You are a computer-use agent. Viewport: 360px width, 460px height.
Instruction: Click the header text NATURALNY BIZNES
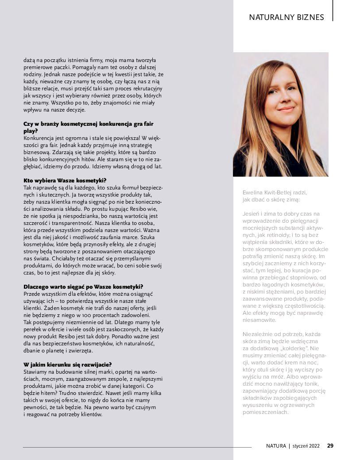click(x=286, y=18)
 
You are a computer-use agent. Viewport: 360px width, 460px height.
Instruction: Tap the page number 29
click(x=330, y=446)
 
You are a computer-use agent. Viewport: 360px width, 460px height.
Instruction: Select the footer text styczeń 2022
click(x=306, y=446)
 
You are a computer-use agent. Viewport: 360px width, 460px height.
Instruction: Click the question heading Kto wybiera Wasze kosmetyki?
click(x=65, y=181)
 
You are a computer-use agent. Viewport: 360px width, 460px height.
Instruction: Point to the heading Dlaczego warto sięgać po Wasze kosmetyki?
click(x=83, y=287)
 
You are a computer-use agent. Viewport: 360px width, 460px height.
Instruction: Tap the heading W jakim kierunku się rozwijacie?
click(x=67, y=364)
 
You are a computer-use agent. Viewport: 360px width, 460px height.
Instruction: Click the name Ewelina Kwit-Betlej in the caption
click(x=271, y=193)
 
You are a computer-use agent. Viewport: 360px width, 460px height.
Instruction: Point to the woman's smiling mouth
click(x=286, y=108)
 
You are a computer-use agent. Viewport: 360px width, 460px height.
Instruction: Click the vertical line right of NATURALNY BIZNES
click(x=333, y=11)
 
